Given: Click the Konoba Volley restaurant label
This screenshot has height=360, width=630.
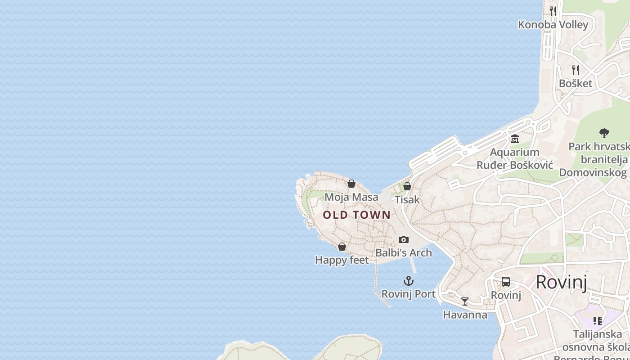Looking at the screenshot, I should [553, 24].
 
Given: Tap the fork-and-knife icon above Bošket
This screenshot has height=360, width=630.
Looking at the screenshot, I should [575, 70].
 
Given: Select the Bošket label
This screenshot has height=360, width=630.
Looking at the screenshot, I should [575, 83].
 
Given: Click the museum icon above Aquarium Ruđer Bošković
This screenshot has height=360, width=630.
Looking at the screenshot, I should [515, 139].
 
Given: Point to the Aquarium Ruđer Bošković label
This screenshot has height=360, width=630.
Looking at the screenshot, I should [515, 158].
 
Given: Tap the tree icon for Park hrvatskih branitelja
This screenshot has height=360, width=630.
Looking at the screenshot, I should [604, 133].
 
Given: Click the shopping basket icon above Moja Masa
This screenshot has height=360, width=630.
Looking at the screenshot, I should [351, 184].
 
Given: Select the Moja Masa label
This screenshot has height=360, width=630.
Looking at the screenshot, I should [351, 197].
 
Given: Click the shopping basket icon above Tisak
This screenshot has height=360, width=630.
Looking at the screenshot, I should [407, 186].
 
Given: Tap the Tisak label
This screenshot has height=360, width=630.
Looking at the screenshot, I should [407, 199].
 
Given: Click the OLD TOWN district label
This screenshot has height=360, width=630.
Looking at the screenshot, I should [357, 215].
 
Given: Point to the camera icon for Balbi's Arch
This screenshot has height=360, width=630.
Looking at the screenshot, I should [404, 239].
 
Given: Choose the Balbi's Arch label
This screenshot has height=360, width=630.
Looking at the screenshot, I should [404, 253].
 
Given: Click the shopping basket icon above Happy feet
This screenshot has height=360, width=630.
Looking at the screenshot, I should [342, 247].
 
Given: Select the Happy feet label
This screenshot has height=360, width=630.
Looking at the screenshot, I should [342, 260].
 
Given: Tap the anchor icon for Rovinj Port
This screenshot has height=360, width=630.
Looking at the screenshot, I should [408, 281].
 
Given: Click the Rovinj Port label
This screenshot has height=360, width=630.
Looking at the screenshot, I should [408, 294].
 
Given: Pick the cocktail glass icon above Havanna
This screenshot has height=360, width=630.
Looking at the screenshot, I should [465, 301].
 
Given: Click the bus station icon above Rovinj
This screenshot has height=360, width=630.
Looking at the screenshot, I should [506, 282].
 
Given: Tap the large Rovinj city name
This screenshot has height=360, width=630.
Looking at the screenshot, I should [561, 283].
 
